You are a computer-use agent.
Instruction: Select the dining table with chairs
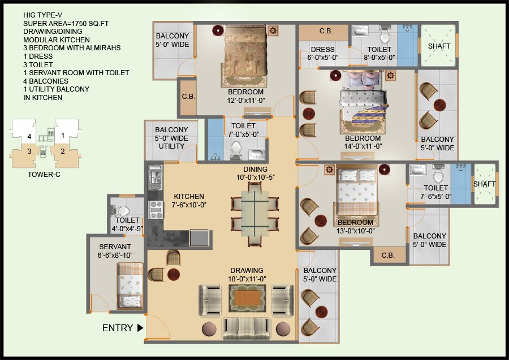(x=255, y=212)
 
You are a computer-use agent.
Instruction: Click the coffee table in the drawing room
(x=246, y=297)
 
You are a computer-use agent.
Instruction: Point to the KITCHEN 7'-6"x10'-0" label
(x=189, y=200)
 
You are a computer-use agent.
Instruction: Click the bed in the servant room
(x=130, y=285)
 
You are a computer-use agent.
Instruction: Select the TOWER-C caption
(x=44, y=174)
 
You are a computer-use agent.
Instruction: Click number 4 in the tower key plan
(x=28, y=136)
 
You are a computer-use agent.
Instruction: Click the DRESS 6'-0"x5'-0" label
(x=322, y=53)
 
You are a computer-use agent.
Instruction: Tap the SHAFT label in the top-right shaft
(x=439, y=46)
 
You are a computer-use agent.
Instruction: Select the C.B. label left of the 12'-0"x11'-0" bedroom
(x=188, y=96)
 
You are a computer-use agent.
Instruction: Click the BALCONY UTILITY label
(x=171, y=138)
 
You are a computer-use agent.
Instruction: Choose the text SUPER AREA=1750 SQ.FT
(x=61, y=23)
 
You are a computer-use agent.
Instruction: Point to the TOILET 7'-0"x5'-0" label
(x=244, y=130)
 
